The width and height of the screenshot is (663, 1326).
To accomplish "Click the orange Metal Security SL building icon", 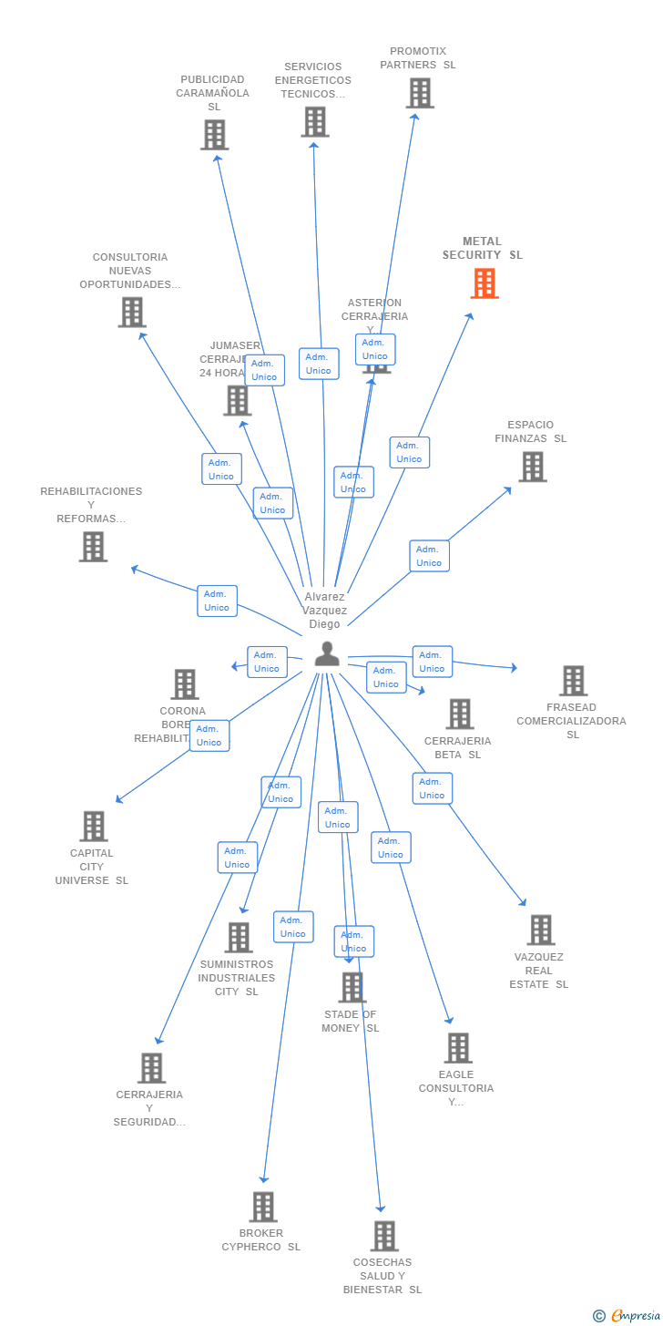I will (x=484, y=283).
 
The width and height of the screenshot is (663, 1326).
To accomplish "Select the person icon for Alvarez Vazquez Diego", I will (x=327, y=653).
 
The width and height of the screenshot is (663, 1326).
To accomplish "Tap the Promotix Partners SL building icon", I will (x=420, y=93).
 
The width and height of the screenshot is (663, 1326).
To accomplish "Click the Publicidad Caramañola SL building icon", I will (x=214, y=135).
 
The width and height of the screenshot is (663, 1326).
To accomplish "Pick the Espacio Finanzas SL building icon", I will (x=533, y=467).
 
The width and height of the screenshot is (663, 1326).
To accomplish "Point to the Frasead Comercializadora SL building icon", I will (x=573, y=681).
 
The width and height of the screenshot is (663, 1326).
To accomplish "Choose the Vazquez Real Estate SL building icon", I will (x=541, y=930).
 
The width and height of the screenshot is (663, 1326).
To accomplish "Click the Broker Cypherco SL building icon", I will (x=263, y=1207).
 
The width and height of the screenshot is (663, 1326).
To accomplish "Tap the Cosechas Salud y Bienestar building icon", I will (x=384, y=1236).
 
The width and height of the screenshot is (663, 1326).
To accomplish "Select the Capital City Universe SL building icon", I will (x=93, y=827).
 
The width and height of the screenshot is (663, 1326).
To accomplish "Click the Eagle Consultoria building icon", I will (x=458, y=1048).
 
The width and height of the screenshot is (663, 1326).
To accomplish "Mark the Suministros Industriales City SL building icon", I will (x=239, y=938).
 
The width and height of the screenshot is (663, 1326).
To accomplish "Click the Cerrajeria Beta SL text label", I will (x=457, y=747).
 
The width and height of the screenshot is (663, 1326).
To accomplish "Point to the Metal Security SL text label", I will (x=483, y=249).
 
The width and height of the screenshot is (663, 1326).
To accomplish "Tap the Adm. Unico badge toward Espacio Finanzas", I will (x=429, y=556).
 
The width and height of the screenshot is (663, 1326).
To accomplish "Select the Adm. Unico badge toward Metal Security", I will (x=409, y=452).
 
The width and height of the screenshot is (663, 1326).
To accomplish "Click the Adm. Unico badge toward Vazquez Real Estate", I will (x=432, y=788).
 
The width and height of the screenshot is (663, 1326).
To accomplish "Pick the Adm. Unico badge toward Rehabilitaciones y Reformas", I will (x=217, y=601).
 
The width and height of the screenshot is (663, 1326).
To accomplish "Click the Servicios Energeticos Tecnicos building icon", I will (x=315, y=121).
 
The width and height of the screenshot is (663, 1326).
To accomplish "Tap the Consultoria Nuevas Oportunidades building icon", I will (x=132, y=313).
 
